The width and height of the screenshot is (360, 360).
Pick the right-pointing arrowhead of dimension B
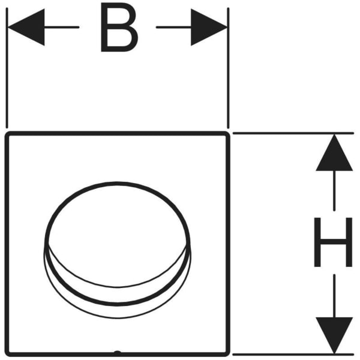(x=209, y=28)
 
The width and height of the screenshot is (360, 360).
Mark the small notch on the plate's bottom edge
(x=118, y=353)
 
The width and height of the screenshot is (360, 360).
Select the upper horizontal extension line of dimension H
(x=294, y=133)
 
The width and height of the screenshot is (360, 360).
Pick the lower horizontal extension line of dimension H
(x=294, y=353)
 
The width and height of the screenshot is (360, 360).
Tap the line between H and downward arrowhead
(x=334, y=294)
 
